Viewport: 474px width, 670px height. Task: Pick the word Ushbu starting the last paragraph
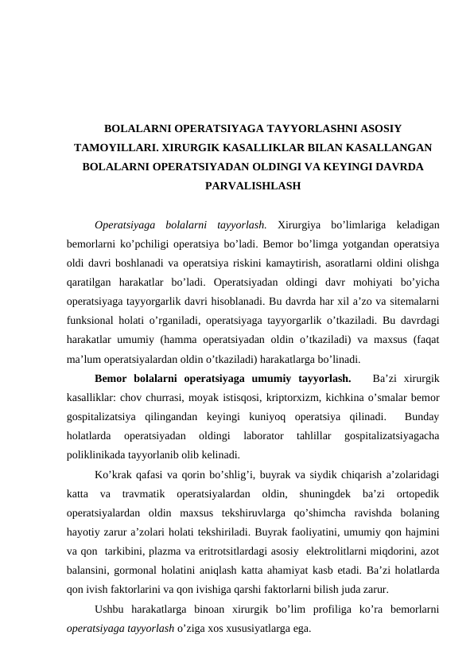tap(111, 609)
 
